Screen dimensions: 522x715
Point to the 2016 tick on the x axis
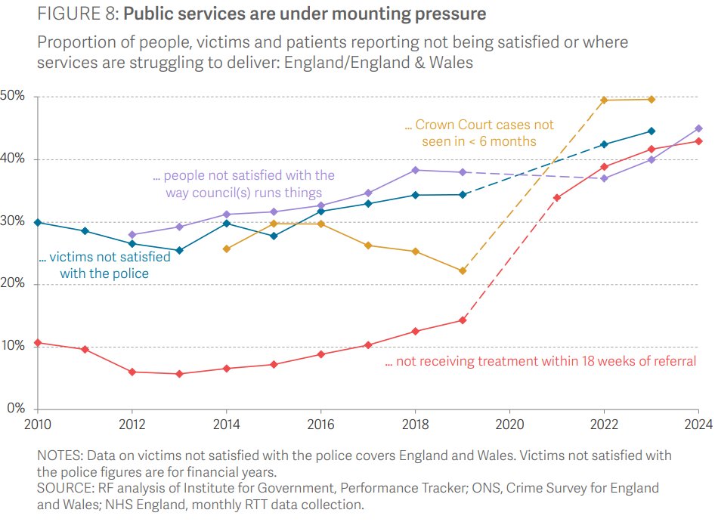tap(320, 423)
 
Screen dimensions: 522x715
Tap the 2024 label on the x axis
tap(698, 423)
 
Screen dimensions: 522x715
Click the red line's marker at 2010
tap(38, 343)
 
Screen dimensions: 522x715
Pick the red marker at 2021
tap(557, 198)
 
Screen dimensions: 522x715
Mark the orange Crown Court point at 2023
tap(652, 99)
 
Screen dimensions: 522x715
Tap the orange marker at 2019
tap(463, 270)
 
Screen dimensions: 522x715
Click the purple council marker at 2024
tap(698, 128)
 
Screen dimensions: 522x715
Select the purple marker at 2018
tap(415, 170)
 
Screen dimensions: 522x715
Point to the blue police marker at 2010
tap(38, 222)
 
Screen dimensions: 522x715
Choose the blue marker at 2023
tap(652, 131)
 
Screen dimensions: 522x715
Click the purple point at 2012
tap(132, 234)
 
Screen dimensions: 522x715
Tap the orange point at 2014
tap(227, 249)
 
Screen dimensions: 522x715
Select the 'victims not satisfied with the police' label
tap(104, 264)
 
